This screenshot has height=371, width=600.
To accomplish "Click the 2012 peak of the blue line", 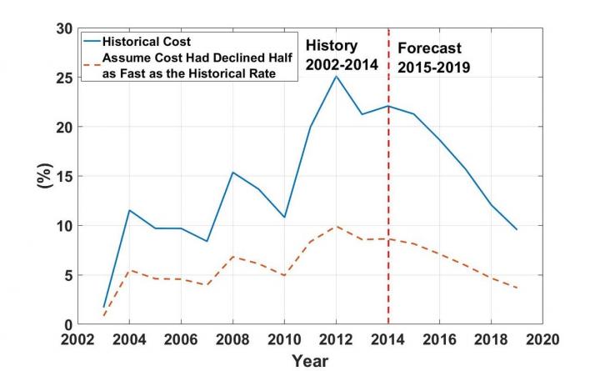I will [337, 77].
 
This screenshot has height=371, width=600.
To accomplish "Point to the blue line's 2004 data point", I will [129, 210].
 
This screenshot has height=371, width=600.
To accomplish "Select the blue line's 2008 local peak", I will [232, 173].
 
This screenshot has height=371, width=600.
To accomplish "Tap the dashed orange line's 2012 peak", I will [337, 226].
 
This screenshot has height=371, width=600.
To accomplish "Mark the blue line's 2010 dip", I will [284, 218].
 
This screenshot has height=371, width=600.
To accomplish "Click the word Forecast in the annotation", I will [428, 48].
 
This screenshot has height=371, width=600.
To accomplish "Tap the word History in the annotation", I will [331, 45].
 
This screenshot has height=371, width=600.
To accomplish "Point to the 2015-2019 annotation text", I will [432, 67].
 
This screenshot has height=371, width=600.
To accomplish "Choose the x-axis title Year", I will [311, 361].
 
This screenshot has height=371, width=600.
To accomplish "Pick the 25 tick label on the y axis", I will [64, 78].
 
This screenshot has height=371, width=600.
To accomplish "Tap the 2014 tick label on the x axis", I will [388, 340].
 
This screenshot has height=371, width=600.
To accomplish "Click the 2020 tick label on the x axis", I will [543, 340].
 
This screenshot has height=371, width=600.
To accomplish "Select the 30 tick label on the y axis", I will [64, 28].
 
